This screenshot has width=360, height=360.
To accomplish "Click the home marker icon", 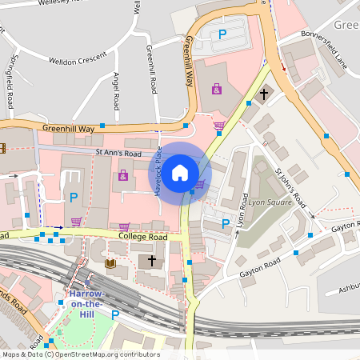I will (x=180, y=172).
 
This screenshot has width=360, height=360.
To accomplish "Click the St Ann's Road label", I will (x=118, y=153).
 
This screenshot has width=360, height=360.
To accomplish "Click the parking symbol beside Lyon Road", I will (x=225, y=223).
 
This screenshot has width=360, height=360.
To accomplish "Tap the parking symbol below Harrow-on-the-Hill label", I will (x=114, y=315).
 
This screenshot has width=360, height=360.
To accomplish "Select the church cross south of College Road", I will (x=151, y=261).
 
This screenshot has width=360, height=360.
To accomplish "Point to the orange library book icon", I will (x=110, y=263).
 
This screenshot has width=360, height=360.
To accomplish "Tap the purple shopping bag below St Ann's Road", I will (x=122, y=174).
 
